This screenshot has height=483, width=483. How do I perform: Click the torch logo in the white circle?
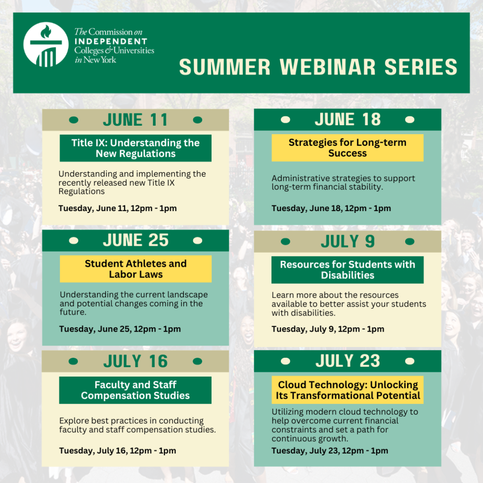(46, 45)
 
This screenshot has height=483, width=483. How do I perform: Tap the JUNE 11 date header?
(136, 120)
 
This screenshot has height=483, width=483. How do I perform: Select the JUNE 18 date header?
(347, 120)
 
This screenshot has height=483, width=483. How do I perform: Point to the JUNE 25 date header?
(136, 241)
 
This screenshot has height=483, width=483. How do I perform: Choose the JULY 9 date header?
(347, 241)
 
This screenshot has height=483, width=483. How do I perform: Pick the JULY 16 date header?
(136, 362)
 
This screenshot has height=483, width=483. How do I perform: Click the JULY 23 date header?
(347, 361)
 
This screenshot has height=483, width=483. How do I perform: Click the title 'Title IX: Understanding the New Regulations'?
(136, 148)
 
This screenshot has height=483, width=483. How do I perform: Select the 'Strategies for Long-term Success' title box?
(347, 148)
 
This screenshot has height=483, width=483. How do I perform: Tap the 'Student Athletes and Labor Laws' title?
(136, 269)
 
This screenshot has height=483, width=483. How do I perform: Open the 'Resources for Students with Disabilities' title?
(347, 270)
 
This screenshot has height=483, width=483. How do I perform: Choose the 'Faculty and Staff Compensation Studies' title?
(136, 390)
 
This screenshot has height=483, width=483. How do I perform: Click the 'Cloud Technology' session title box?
(347, 390)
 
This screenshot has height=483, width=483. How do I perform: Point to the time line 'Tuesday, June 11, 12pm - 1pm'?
(117, 208)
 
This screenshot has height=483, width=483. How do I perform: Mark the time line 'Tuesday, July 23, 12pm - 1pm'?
(330, 451)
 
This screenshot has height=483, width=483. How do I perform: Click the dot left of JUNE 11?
(74, 120)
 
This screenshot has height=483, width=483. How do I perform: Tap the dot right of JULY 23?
(409, 361)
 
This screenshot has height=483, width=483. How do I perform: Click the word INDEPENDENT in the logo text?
(111, 41)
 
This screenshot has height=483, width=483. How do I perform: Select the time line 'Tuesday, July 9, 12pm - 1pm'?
(328, 329)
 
